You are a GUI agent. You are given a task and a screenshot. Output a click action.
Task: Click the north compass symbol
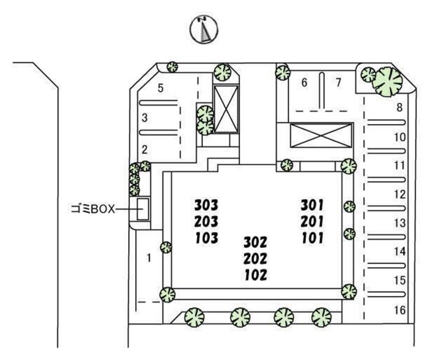point(204,29)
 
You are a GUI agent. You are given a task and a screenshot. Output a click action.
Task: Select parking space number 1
point(148,258)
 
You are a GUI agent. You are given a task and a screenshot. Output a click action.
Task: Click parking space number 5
point(160,88)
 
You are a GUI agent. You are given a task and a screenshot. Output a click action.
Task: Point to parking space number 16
point(399,310)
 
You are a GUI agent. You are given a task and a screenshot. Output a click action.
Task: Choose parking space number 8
point(399,107)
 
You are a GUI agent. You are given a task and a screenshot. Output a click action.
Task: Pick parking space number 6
point(303,83)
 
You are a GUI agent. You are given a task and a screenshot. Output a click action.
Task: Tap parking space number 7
point(338,83)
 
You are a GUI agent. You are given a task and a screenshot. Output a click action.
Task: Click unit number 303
point(206,204)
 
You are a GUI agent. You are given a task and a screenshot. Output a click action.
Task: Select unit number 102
point(255,274)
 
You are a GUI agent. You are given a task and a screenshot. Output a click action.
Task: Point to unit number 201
point(312,221)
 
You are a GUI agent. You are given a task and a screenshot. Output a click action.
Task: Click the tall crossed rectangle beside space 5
point(226,108)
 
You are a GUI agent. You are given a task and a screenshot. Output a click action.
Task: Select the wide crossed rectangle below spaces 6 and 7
point(320,135)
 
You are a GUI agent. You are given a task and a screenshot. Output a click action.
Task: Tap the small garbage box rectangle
point(143,209)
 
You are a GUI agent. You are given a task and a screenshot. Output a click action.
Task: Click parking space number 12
point(399,194)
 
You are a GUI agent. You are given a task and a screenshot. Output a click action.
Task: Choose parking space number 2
point(144,149)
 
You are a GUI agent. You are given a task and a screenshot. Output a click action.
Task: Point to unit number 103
point(206,237)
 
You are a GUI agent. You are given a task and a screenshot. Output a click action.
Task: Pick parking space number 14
point(399,251)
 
